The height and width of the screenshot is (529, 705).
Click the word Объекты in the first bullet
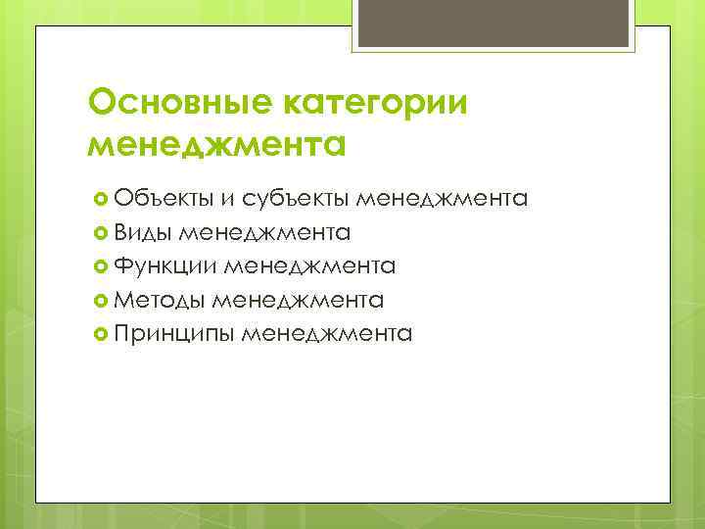click(x=161, y=199)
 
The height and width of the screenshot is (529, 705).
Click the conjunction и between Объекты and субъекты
click(x=226, y=199)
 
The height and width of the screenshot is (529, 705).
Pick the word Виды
click(x=142, y=232)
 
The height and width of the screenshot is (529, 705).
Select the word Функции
click(x=165, y=265)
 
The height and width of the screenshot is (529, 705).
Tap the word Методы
click(x=160, y=299)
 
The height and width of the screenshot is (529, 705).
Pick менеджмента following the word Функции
click(x=310, y=265)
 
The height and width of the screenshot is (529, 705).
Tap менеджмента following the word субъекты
click(x=442, y=199)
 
